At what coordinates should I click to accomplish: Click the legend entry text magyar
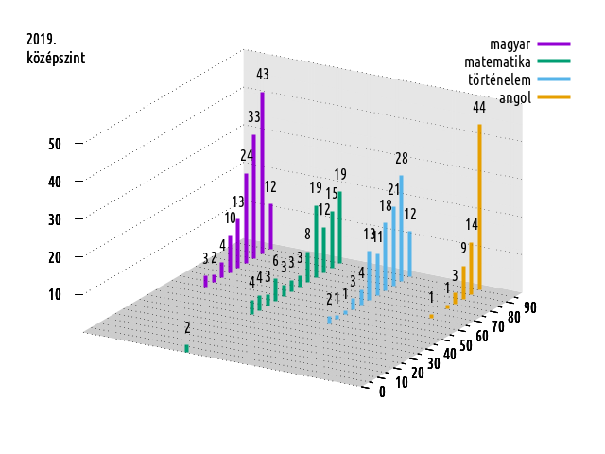click(509, 44)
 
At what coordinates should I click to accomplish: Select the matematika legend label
click(492, 61)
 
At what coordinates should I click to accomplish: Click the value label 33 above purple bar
click(253, 116)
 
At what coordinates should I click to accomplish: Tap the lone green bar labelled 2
click(186, 348)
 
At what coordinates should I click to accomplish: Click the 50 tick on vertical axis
click(54, 144)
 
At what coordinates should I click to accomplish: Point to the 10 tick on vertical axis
click(54, 294)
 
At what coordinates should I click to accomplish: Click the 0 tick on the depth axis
click(382, 393)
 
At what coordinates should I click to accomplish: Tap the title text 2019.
click(42, 40)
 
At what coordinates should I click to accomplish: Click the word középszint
click(56, 58)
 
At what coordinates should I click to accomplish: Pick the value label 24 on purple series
click(246, 155)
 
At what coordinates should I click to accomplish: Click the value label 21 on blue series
click(393, 189)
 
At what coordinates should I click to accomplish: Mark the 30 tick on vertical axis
click(54, 219)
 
